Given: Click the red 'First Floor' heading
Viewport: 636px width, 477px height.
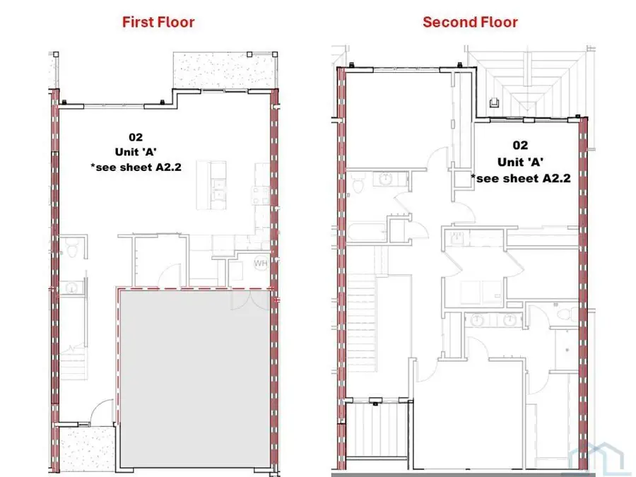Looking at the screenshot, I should pyautogui.click(x=158, y=21).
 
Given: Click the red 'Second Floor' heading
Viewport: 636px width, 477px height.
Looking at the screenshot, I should pyautogui.click(x=470, y=21).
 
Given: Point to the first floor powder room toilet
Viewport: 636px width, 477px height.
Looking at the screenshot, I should pyautogui.click(x=71, y=248).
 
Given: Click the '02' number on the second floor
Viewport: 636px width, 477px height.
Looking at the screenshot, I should pyautogui.click(x=519, y=146).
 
